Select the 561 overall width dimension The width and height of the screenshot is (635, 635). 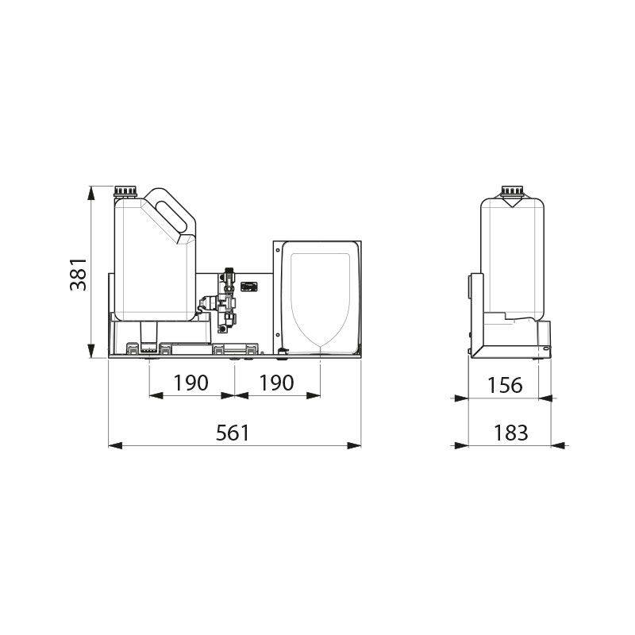pyautogui.click(x=233, y=433)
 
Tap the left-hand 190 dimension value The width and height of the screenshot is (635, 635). pyautogui.click(x=190, y=383)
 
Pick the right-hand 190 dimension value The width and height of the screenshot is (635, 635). pyautogui.click(x=276, y=383)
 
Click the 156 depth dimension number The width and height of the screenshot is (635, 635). pyautogui.click(x=506, y=385)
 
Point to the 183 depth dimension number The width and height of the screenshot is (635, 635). pyautogui.click(x=510, y=433)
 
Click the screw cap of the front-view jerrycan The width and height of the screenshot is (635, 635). pyautogui.click(x=126, y=191)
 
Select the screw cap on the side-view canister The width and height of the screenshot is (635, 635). pyautogui.click(x=512, y=191)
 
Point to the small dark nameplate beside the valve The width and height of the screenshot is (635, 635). pyautogui.click(x=251, y=287)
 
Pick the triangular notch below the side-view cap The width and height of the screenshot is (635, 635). pyautogui.click(x=512, y=203)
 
